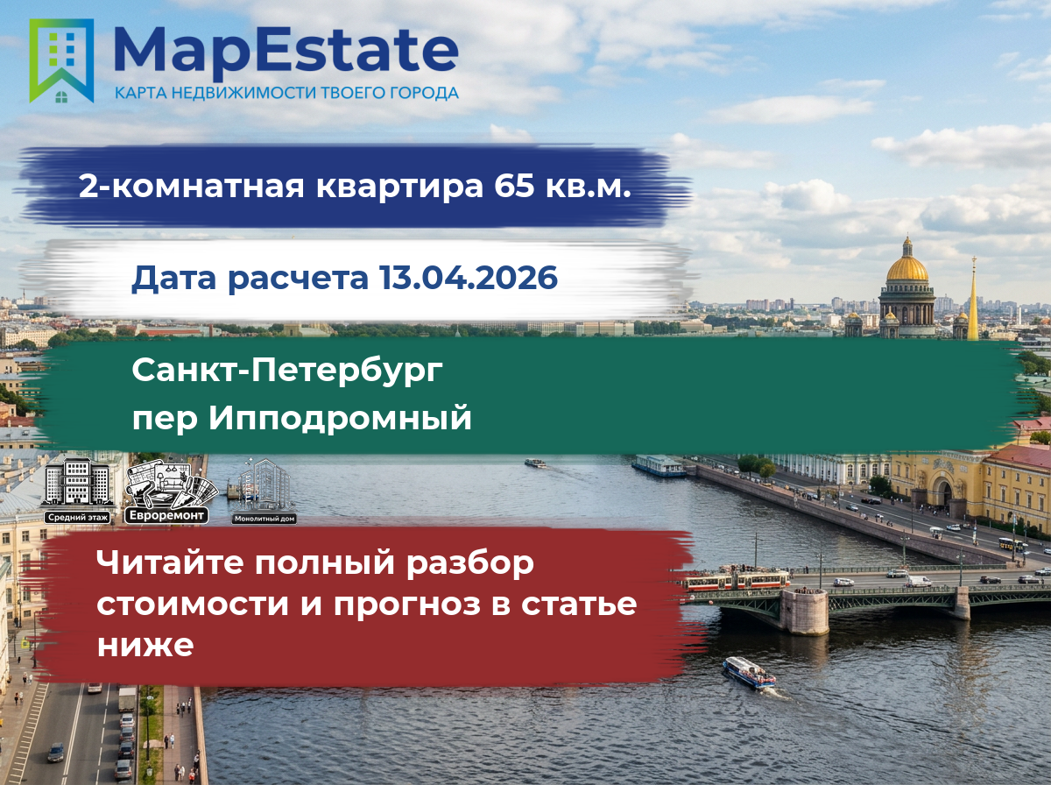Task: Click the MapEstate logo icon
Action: point(61,60)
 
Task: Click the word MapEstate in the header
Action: point(286,53)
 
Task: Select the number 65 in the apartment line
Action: point(514,186)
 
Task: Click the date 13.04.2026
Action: point(469,277)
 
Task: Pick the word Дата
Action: point(174,279)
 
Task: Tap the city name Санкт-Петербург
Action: point(287,371)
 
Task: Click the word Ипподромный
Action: point(340,418)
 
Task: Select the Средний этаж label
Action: point(78,518)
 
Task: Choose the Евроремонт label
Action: point(166,516)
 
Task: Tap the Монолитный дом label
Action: point(265,519)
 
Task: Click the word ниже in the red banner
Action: point(145,645)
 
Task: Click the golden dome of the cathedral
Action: point(906,267)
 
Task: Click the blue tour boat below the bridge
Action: point(749,673)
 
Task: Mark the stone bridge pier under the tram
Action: point(805,612)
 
